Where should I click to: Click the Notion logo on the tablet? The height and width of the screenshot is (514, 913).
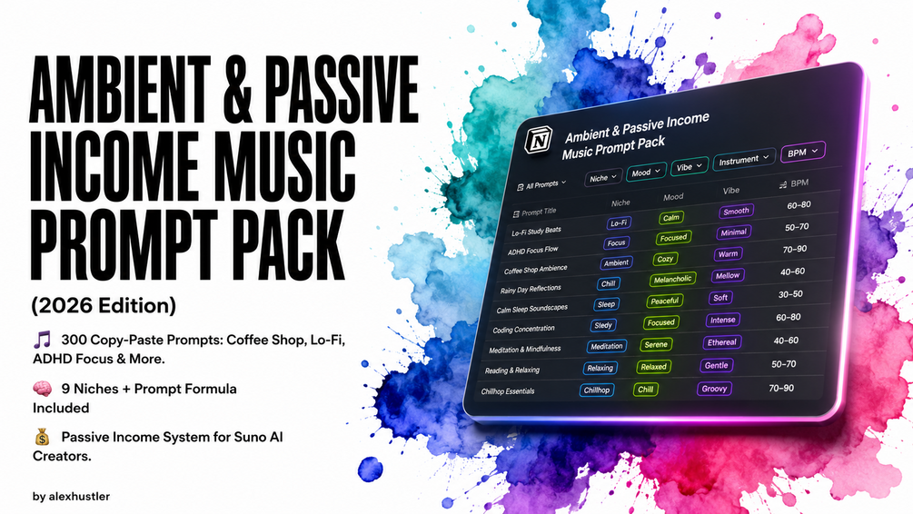(x=538, y=140)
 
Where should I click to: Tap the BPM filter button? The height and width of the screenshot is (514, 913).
(x=803, y=152)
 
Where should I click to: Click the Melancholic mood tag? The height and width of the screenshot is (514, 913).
(x=672, y=280)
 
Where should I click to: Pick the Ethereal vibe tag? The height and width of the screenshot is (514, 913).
(x=722, y=342)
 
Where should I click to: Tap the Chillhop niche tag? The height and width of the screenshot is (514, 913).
(x=596, y=390)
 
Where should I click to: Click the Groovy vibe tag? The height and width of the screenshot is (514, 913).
(x=714, y=389)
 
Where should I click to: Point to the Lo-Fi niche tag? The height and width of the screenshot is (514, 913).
(x=619, y=223)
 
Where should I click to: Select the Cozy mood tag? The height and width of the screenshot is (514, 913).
(x=665, y=259)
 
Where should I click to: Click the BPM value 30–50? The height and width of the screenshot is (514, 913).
(x=790, y=294)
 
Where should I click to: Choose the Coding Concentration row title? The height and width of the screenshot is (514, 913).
(x=523, y=330)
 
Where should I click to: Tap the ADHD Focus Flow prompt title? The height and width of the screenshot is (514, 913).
(x=532, y=251)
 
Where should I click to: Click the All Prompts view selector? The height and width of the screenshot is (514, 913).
(x=541, y=185)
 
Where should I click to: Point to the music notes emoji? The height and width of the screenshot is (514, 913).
(x=42, y=340)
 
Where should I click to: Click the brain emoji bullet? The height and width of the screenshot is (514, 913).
(x=43, y=389)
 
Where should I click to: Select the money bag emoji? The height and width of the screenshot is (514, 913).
(x=42, y=437)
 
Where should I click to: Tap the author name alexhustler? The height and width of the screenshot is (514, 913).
(x=79, y=497)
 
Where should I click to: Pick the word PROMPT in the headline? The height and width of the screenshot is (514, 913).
(x=123, y=246)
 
